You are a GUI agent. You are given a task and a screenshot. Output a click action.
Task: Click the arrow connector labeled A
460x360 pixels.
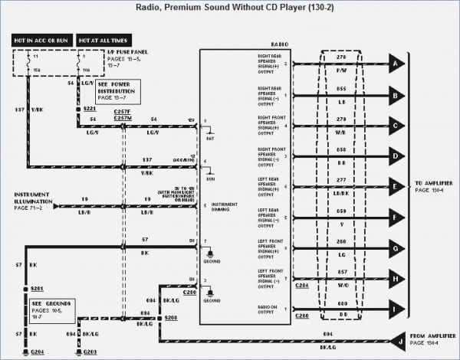coord(396,64)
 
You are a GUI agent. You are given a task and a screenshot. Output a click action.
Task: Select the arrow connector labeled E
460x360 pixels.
coord(396,187)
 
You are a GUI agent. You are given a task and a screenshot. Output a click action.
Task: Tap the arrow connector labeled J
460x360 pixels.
coord(396,339)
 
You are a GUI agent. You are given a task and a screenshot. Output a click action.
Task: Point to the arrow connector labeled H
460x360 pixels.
coord(396,279)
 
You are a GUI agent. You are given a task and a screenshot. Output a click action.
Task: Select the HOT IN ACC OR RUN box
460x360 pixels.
coord(41,39)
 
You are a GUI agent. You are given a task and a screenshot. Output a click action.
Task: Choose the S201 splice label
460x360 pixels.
coord(36,288)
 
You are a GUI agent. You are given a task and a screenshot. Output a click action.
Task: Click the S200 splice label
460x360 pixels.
coord(170,316)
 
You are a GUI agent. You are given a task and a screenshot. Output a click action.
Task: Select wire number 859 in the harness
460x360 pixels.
coord(342,211)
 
